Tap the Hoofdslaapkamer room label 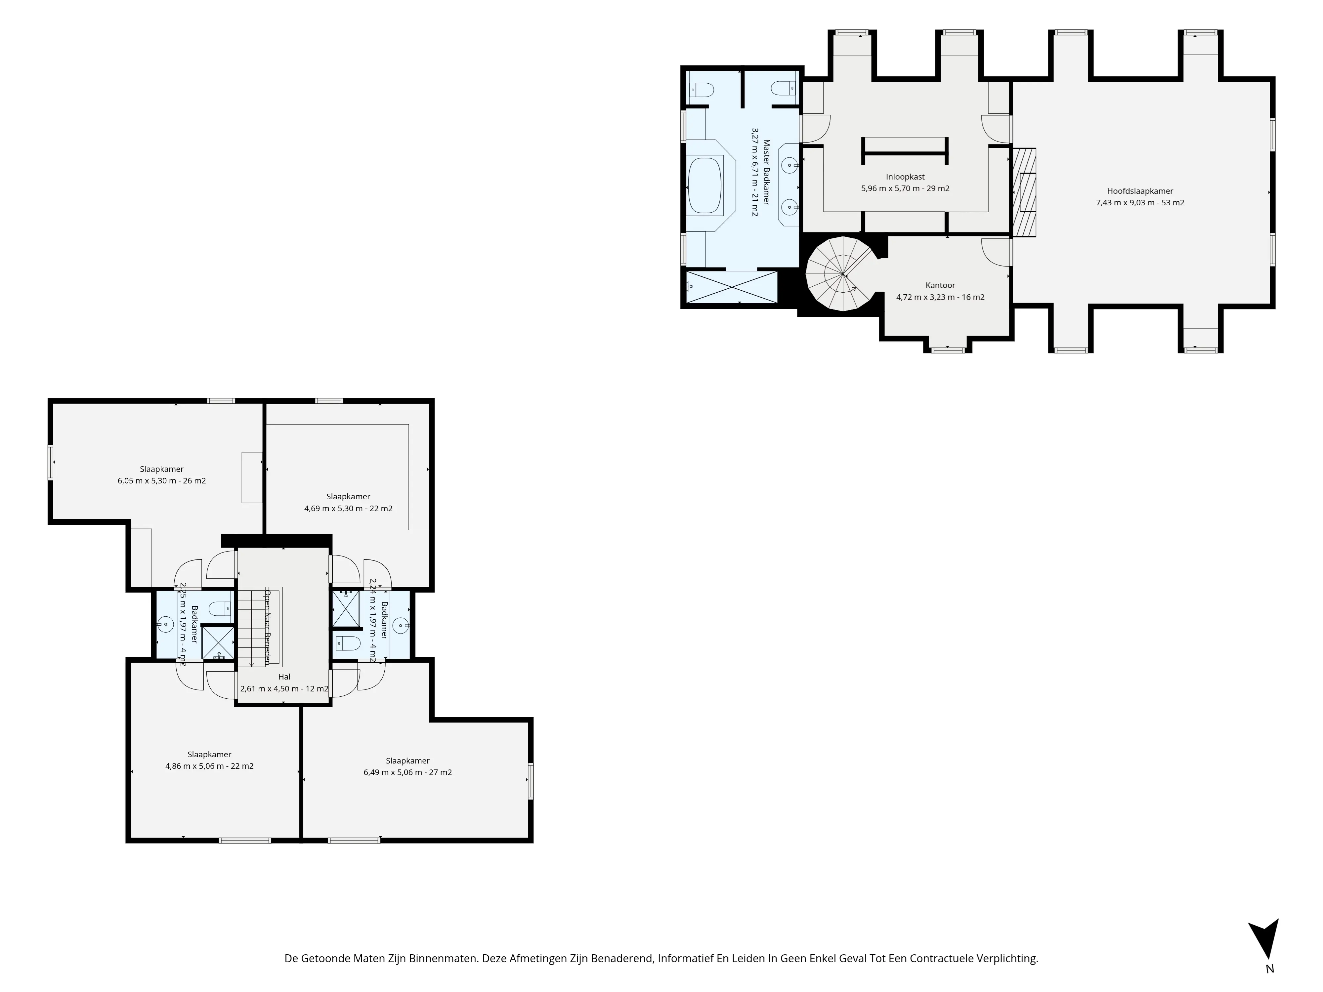pos(1140,191)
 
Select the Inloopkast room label pos(905,177)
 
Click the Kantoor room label pos(940,285)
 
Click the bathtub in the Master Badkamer pos(706,186)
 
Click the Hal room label pos(284,677)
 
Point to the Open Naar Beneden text pos(267,628)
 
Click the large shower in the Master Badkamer pos(732,287)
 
